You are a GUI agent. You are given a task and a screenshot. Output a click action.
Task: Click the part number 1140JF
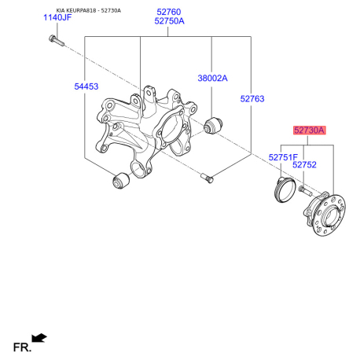coord(57,17)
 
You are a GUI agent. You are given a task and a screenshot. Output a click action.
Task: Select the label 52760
coord(169,12)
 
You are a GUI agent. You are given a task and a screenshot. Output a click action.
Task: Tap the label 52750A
coord(169,21)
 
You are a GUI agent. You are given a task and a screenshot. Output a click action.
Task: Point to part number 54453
coord(86,86)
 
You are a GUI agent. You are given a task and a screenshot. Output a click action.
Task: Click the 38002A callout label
coord(212,78)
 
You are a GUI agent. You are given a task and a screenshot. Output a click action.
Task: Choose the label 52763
coord(252,99)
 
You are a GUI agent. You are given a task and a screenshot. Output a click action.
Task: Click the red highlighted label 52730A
coord(310,130)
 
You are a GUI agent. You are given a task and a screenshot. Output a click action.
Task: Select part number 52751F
coord(283,157)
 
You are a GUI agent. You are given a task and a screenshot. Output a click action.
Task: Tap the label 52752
coord(304,165)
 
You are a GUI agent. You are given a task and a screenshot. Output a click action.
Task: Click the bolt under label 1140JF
coord(57,40)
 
